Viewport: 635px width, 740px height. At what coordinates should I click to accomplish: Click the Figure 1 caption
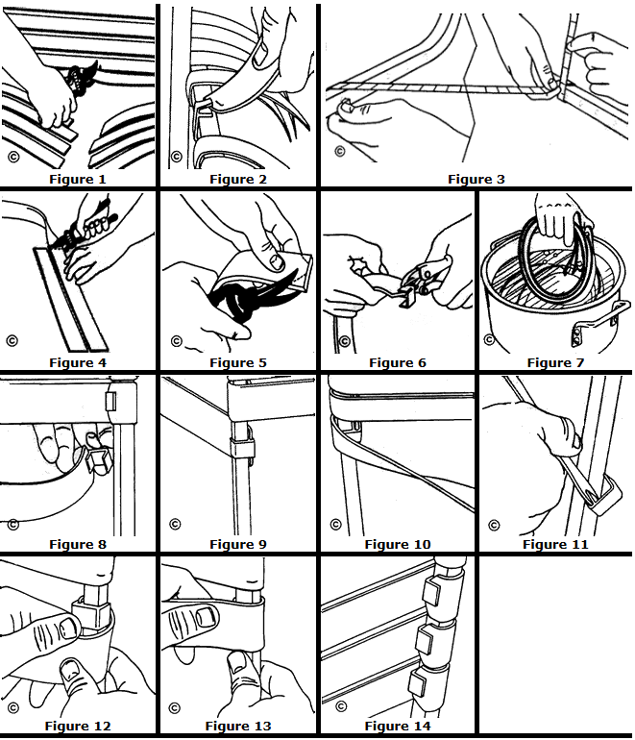[78, 179]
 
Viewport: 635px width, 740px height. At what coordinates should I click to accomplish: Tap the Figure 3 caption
[476, 179]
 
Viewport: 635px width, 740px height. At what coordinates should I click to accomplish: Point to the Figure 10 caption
[398, 545]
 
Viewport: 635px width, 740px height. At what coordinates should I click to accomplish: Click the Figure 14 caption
[398, 727]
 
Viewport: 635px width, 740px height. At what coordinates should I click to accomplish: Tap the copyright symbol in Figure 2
[176, 156]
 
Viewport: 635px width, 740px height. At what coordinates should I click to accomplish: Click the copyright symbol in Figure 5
[176, 340]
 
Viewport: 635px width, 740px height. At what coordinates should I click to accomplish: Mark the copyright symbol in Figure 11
[494, 525]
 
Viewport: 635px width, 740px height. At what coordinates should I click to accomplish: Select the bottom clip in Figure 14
[418, 685]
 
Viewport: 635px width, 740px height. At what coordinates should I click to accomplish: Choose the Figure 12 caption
[78, 727]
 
